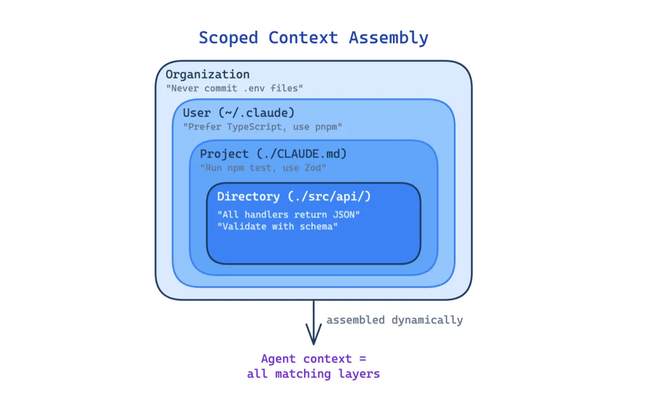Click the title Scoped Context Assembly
click(x=313, y=37)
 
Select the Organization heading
click(x=207, y=74)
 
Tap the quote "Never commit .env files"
click(x=234, y=88)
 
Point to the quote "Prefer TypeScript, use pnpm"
click(x=262, y=127)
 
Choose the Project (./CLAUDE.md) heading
click(x=273, y=154)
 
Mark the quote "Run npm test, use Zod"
click(x=264, y=167)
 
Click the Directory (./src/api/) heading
click(x=294, y=196)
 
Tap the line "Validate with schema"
click(x=277, y=227)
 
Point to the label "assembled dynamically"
click(x=394, y=320)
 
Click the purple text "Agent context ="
click(x=313, y=359)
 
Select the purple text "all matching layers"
click(x=313, y=374)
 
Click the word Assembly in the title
click(x=388, y=37)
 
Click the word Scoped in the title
click(x=229, y=37)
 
